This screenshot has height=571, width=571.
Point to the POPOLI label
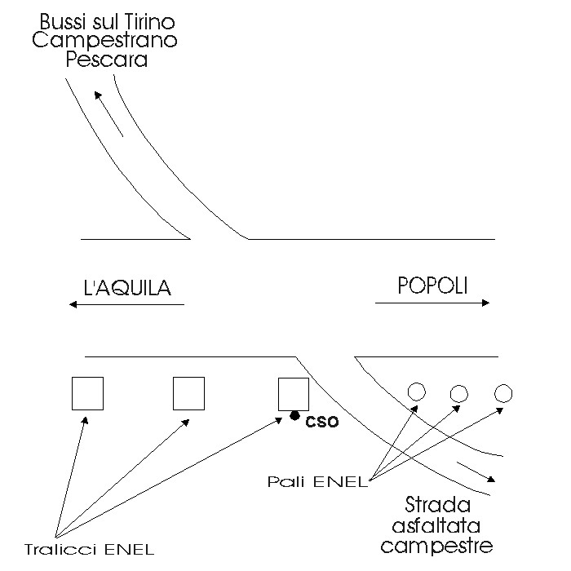point(432,285)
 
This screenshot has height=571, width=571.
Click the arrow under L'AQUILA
point(126,304)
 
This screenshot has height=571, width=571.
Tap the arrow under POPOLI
point(432,303)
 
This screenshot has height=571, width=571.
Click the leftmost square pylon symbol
point(87,393)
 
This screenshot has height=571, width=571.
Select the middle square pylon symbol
point(188,393)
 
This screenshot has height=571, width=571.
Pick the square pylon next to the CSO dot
point(293,393)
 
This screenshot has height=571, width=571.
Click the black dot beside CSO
point(294,417)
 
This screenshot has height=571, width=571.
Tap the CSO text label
point(321,423)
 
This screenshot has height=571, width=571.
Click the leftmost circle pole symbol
point(416,392)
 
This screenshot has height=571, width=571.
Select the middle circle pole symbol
point(459,394)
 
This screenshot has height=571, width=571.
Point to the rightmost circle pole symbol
point(503,394)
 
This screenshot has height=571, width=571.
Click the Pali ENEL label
point(318,480)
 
